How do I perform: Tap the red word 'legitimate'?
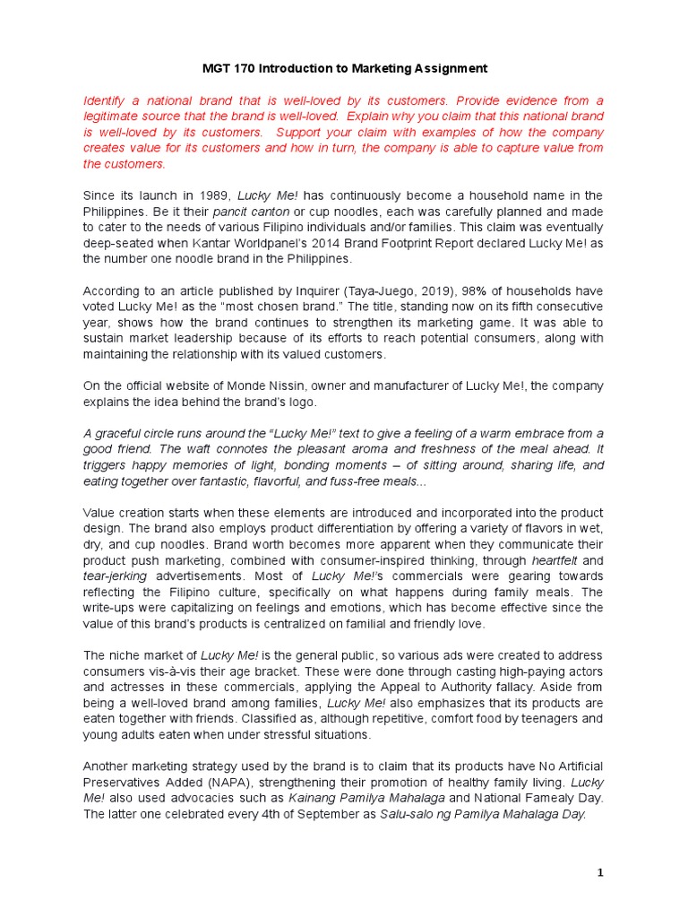coord(117,117)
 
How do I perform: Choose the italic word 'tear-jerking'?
coord(115,576)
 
